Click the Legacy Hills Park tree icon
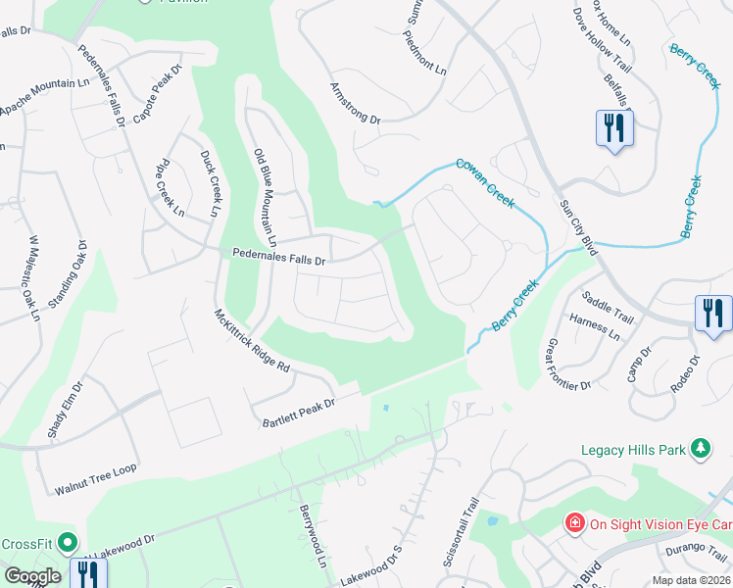click(701, 449)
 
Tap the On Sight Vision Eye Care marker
click(575, 523)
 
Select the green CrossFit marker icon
click(68, 542)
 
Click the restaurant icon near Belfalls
click(614, 127)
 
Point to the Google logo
click(32, 576)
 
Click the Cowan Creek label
click(484, 182)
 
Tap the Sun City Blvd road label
click(577, 225)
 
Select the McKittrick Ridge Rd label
click(253, 340)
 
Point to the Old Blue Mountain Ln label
click(265, 197)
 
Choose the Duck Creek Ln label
click(208, 183)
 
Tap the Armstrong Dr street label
click(355, 103)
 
